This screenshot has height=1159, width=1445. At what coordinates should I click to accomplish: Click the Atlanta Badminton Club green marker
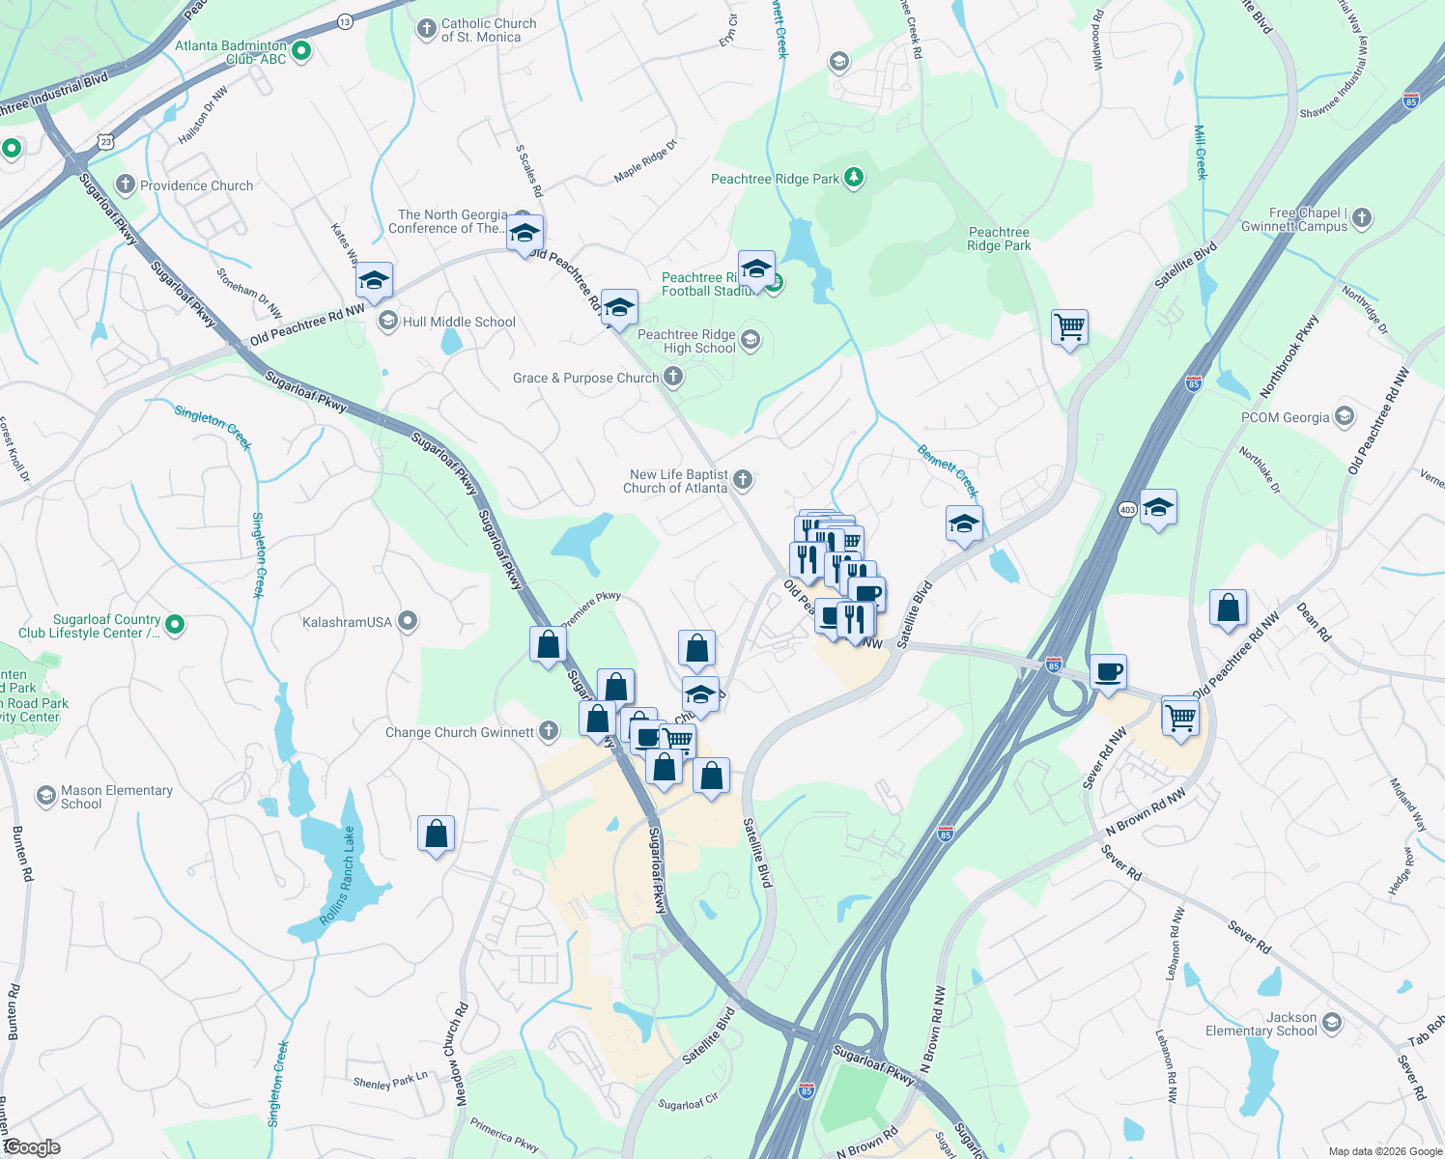click(300, 51)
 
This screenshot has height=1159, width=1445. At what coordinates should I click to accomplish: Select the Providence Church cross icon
click(125, 184)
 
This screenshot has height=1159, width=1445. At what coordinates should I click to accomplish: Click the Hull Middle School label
click(459, 322)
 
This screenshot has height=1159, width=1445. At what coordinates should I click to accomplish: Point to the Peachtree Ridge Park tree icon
click(853, 178)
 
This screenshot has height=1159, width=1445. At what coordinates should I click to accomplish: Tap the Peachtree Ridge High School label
click(687, 341)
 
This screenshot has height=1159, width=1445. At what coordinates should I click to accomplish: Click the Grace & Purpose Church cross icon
click(673, 378)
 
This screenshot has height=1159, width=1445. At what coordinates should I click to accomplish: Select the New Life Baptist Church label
click(675, 481)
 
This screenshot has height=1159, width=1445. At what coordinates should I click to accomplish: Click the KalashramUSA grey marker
click(409, 621)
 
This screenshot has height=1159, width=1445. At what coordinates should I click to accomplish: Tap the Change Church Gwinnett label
click(459, 732)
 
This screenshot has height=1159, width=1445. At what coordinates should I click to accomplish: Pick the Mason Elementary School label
click(116, 797)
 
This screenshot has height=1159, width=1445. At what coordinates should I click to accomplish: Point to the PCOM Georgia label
click(1285, 417)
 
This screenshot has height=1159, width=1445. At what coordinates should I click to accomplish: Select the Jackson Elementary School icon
click(1332, 1022)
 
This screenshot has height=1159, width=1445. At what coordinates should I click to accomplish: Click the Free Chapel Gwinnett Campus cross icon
click(1362, 218)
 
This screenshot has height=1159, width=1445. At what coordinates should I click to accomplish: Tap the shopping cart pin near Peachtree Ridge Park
click(1069, 327)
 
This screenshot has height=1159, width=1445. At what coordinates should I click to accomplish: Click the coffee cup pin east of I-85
click(1109, 670)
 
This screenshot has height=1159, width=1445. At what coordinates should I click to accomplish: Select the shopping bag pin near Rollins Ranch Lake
click(436, 833)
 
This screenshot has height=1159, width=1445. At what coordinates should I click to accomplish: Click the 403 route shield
click(1126, 509)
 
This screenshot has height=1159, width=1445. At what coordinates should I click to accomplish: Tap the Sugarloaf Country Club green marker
click(175, 625)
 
